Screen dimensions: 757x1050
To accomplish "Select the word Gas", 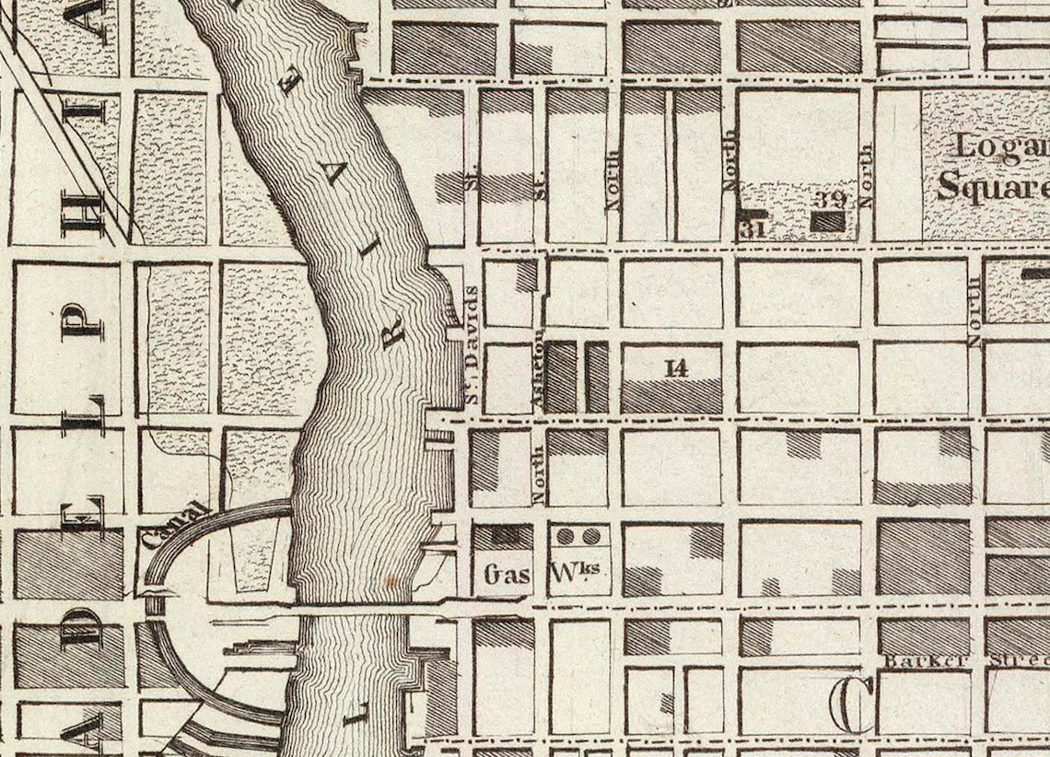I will point(507,575).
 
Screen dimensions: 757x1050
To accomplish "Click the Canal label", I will point(174,526).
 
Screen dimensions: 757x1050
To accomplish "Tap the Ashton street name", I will point(540,378).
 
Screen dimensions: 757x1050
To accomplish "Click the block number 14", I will point(676,368).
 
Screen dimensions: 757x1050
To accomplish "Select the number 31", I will point(751,227).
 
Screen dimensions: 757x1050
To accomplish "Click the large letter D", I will point(82,629).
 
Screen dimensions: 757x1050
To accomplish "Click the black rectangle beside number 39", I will point(827,221).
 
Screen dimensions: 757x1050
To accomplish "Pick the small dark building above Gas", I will point(503,533).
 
